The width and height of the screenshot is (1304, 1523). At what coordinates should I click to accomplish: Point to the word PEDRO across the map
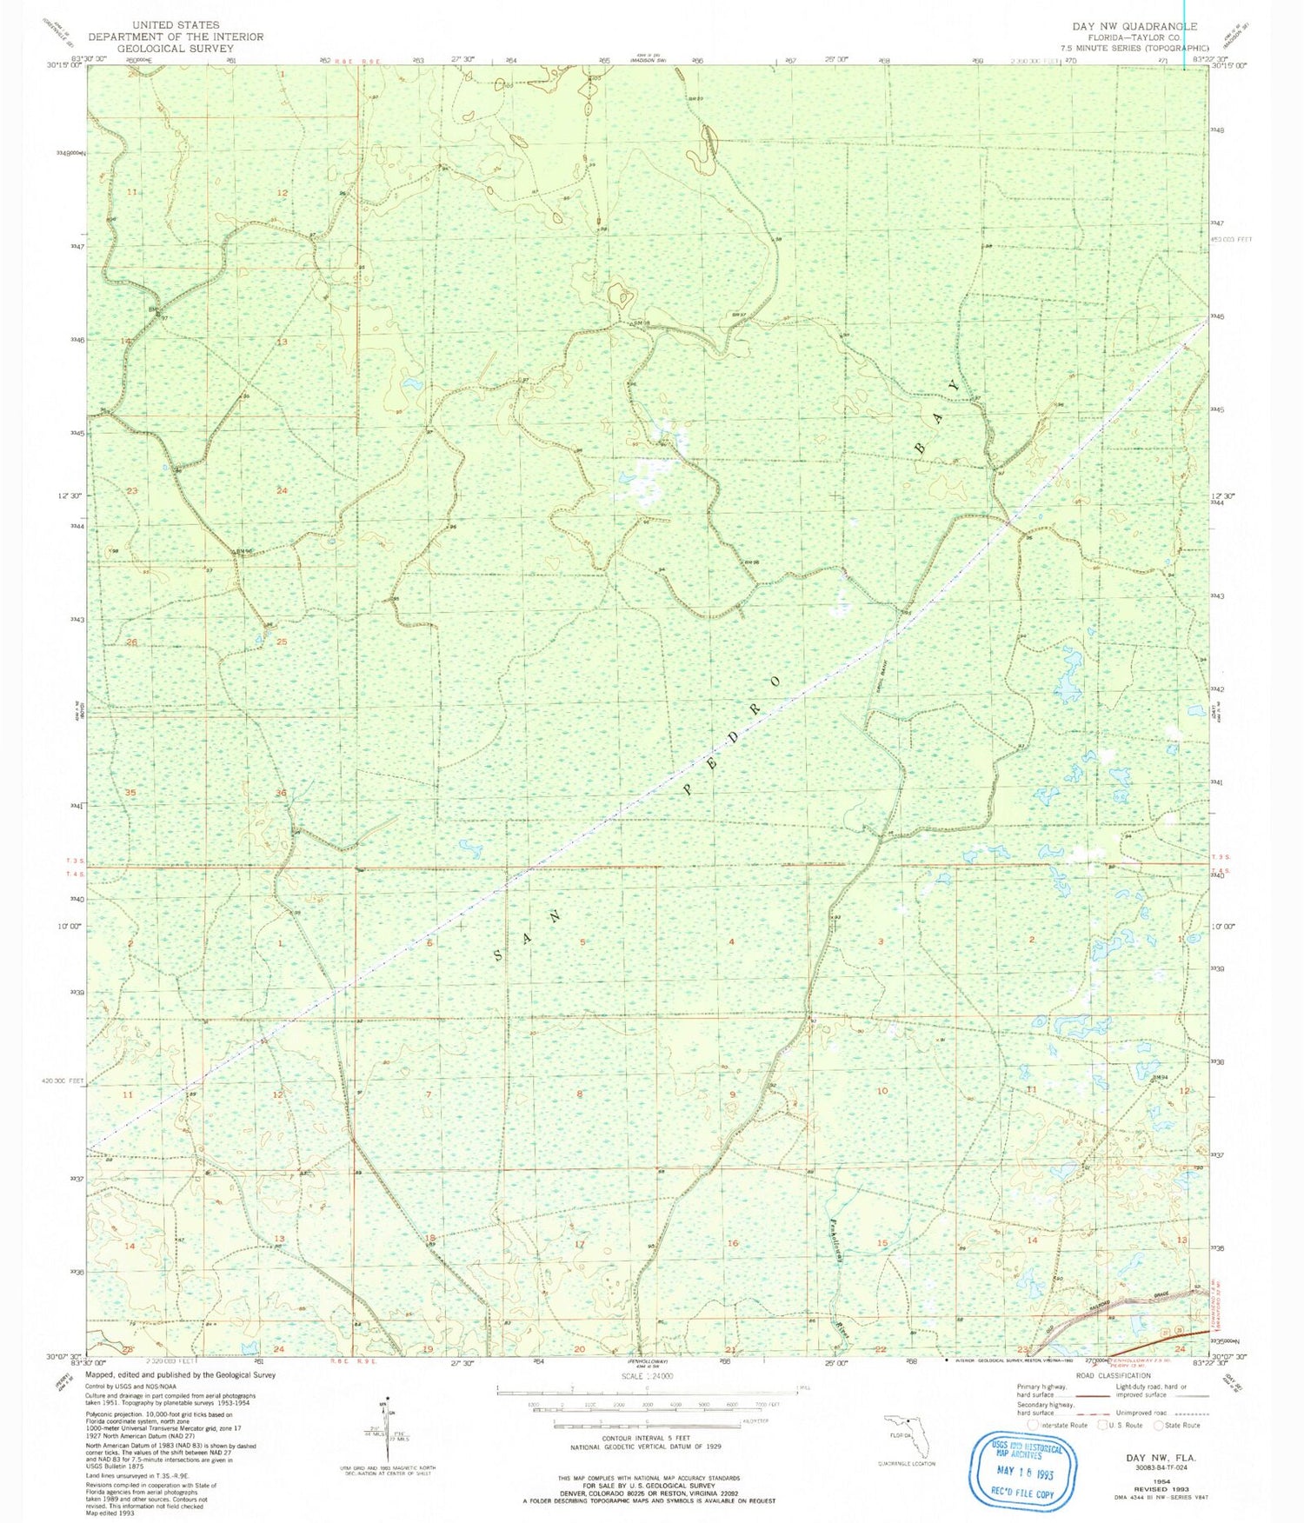(731, 735)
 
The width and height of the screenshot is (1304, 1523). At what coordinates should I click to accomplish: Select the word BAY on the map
(938, 416)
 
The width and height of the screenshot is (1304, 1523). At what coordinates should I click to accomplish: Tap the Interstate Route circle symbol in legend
(1032, 1425)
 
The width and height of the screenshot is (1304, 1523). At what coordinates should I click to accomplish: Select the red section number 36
(281, 793)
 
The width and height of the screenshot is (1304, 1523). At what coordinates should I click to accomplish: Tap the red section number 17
(580, 1244)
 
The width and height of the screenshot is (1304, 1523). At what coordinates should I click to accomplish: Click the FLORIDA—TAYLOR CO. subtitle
(1140, 38)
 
